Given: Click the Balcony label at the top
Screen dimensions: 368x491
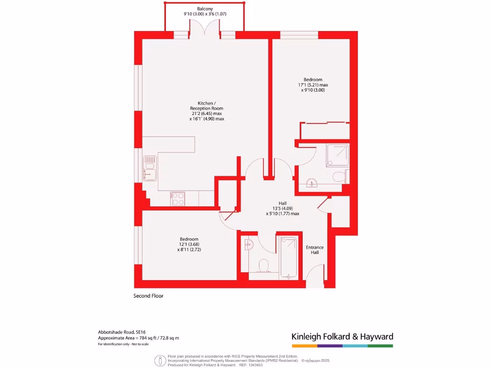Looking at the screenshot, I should pos(205,9).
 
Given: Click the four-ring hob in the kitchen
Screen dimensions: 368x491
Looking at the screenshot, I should pos(178,198).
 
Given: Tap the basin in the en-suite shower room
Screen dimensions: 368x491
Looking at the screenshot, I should pos(311,182).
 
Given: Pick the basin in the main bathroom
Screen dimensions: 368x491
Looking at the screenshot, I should pos(247,244).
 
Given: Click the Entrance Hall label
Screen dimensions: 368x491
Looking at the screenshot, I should pos(315,250).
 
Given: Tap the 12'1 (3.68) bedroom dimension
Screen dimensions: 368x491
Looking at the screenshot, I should pos(189,244).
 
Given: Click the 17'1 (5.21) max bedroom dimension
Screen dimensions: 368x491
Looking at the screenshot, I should pos(313,85).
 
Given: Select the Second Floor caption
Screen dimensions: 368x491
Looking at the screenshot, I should pos(148,296).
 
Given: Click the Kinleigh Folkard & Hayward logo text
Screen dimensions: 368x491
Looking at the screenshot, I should pos(342,337).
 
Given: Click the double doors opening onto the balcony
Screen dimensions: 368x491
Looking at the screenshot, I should pos(205,32).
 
